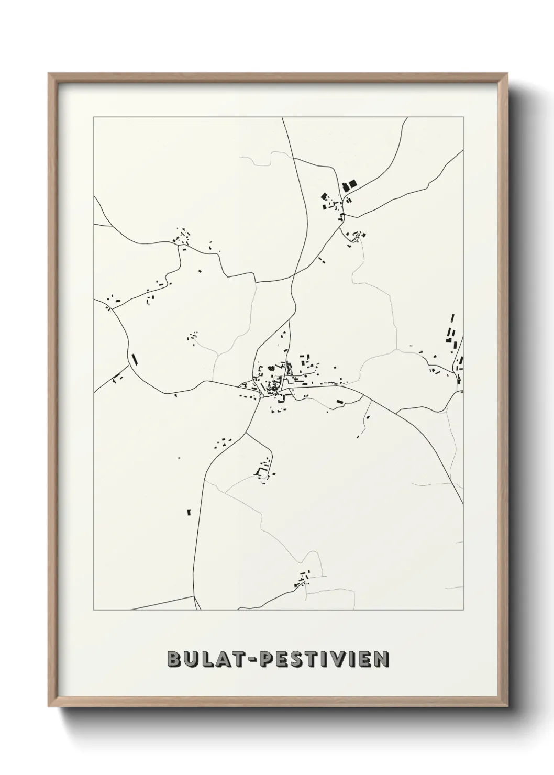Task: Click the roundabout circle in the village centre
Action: click(x=261, y=396)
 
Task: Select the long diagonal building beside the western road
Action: click(x=134, y=359)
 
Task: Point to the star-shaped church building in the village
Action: click(x=271, y=369)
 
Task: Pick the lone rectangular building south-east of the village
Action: click(x=339, y=402)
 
